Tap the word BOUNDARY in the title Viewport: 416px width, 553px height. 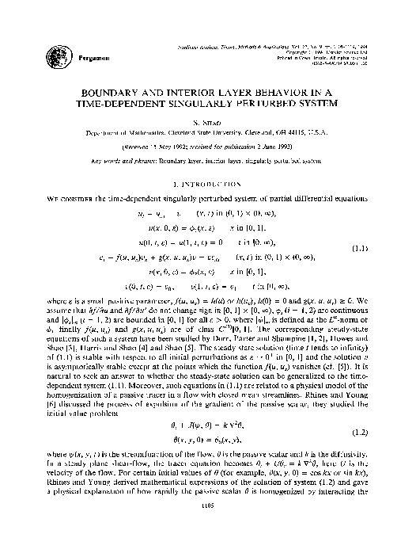tap(136, 93)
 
